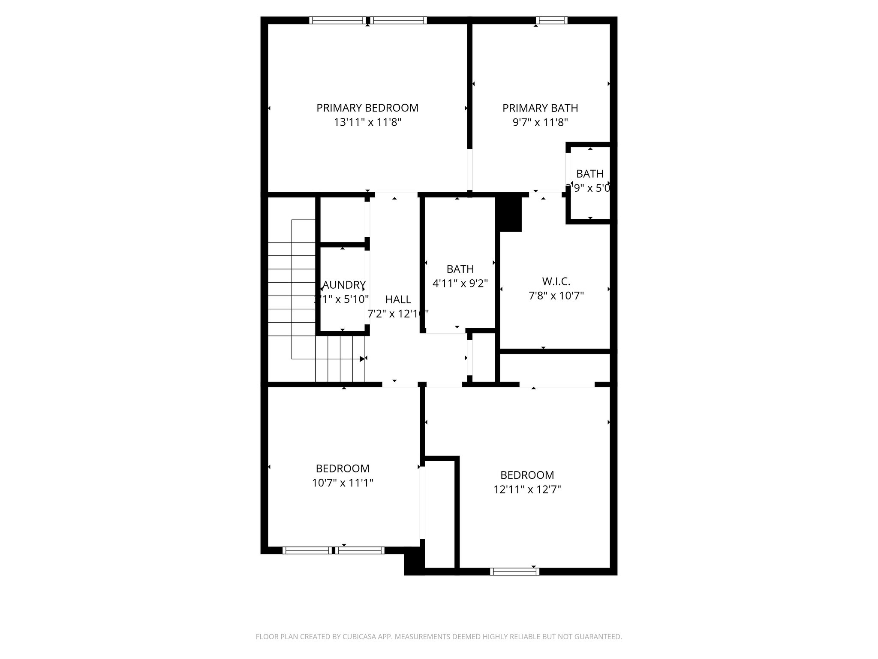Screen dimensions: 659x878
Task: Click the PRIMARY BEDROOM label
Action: [x=367, y=108]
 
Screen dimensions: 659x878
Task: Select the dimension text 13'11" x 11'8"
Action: [x=367, y=123]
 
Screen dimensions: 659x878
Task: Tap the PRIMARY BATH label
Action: [x=540, y=108]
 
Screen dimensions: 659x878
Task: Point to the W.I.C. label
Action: [x=556, y=281]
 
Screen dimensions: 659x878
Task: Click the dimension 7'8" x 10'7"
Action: [x=556, y=296]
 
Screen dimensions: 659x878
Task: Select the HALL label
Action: [x=398, y=299]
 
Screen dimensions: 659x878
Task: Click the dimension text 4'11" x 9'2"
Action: [x=460, y=284]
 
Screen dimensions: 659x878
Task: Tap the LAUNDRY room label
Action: [x=343, y=285]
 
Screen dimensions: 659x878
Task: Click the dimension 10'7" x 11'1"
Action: [x=343, y=483]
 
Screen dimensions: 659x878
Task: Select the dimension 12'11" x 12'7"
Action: [x=527, y=490]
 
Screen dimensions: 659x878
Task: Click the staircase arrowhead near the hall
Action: [x=362, y=359]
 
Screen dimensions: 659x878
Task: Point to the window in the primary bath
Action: [x=551, y=20]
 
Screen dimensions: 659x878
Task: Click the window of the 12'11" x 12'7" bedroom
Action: [x=514, y=571]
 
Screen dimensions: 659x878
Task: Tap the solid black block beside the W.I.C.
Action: [x=509, y=213]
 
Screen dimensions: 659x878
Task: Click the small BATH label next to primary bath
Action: [x=589, y=174]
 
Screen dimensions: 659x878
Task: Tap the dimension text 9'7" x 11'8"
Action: [x=540, y=123]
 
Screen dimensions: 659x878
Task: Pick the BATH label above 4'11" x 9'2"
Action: [x=460, y=269]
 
